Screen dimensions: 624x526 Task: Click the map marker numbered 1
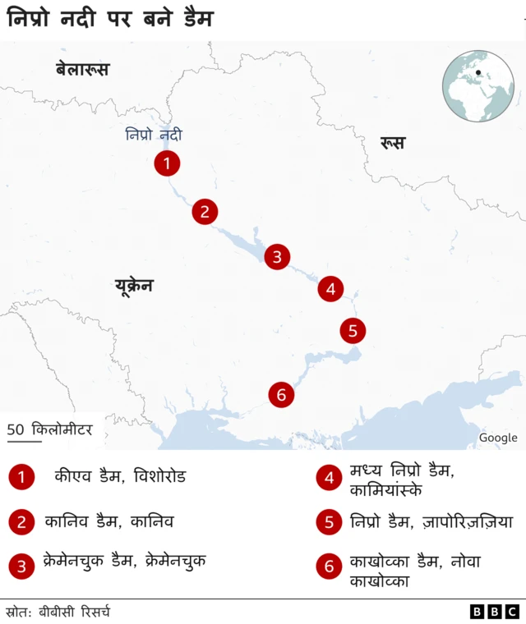pyautogui.click(x=167, y=163)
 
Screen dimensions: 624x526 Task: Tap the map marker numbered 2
pyautogui.click(x=205, y=212)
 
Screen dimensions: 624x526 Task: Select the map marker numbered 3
pyautogui.click(x=277, y=257)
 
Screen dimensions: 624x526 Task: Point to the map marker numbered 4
pyautogui.click(x=330, y=289)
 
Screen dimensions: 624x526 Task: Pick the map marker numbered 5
pyautogui.click(x=353, y=331)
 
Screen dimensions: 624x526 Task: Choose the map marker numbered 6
pyautogui.click(x=281, y=395)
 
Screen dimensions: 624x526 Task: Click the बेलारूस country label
pyautogui.click(x=82, y=70)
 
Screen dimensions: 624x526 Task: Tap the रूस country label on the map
pyautogui.click(x=392, y=143)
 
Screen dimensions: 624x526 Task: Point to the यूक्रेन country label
pyautogui.click(x=134, y=286)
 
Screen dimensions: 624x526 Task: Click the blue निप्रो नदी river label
pyautogui.click(x=154, y=135)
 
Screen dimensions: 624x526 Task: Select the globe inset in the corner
pyautogui.click(x=478, y=86)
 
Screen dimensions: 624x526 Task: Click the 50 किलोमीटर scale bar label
pyautogui.click(x=50, y=429)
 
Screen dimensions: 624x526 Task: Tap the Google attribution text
pyautogui.click(x=498, y=438)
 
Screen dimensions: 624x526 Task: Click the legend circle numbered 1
pyautogui.click(x=21, y=477)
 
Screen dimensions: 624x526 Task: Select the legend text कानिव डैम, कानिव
pyautogui.click(x=109, y=521)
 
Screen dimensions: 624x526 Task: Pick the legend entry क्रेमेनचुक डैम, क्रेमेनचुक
pyautogui.click(x=124, y=562)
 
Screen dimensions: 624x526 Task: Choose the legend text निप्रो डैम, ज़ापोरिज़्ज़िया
pyautogui.click(x=431, y=521)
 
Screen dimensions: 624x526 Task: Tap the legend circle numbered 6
pyautogui.click(x=329, y=566)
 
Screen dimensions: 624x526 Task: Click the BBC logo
pyautogui.click(x=495, y=611)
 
